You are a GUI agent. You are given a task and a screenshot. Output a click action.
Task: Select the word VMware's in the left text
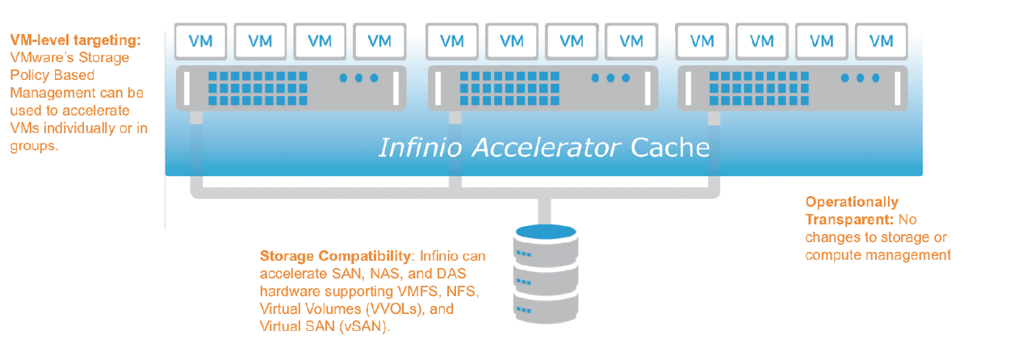tap(37, 57)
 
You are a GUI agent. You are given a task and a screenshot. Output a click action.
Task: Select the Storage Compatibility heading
tap(335, 256)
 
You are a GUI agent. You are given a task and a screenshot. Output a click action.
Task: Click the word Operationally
tap(851, 202)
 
